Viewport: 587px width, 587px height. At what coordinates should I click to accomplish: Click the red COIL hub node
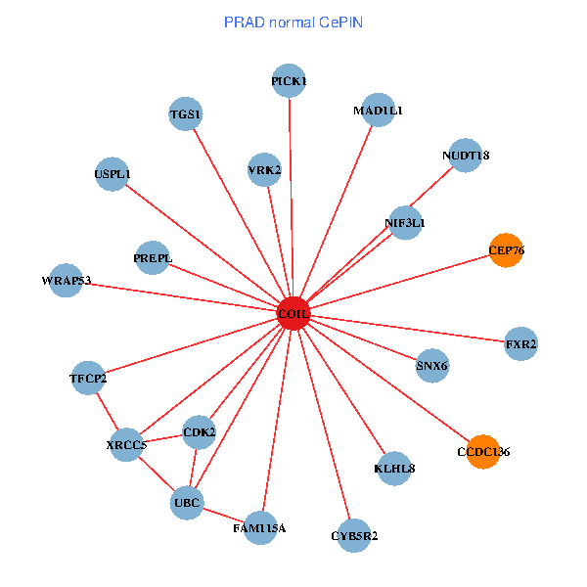coord(293,313)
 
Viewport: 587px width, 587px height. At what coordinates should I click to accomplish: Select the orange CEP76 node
coord(506,250)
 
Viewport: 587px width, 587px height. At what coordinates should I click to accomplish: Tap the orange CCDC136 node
coord(483,451)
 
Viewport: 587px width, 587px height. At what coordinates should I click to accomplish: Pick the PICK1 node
coord(289,80)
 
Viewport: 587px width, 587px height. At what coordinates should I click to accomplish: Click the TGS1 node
coord(185,113)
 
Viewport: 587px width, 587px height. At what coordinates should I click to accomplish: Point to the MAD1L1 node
coord(378,110)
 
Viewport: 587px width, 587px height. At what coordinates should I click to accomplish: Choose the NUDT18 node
coord(466,155)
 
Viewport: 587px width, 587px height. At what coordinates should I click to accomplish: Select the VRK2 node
coord(264,169)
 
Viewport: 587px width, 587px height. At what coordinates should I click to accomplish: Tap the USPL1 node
coord(112,174)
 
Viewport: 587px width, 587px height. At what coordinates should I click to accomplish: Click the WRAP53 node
coord(66,280)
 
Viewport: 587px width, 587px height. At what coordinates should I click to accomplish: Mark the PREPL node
coord(153,257)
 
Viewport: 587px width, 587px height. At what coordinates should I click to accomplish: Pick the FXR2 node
coord(520,343)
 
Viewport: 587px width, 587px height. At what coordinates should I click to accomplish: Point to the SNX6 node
coord(432,365)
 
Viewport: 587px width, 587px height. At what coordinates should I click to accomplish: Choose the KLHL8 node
coord(394,469)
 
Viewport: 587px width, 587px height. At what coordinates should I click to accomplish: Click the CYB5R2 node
coord(354,535)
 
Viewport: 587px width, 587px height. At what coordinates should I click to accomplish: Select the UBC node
coord(187,503)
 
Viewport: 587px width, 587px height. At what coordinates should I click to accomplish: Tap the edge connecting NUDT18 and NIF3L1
coord(431,187)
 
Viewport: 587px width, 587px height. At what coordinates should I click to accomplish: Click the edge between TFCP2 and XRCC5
coord(108,412)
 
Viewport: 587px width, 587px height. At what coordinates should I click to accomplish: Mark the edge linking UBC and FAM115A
coord(224,516)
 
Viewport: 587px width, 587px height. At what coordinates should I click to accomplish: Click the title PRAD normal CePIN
coord(293,23)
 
